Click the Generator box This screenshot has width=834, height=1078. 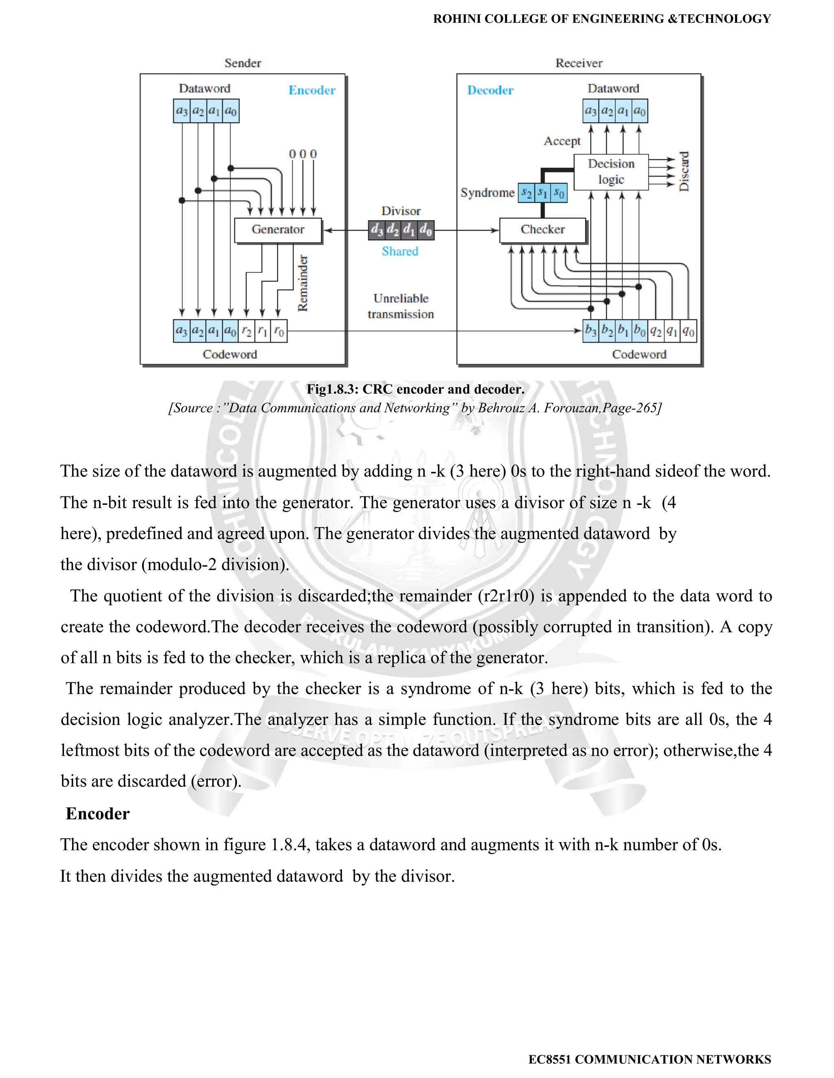(278, 230)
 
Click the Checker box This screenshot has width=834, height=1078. (542, 230)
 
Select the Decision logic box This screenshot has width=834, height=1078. (611, 172)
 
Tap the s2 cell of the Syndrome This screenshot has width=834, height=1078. (527, 192)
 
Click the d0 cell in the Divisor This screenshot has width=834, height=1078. (426, 230)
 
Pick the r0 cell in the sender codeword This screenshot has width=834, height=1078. (279, 331)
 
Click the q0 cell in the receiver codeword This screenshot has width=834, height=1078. (688, 331)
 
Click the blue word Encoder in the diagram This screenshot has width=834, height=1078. (312, 90)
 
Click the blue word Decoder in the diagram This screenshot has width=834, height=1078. (490, 90)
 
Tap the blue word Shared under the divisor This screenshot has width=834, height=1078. (400, 251)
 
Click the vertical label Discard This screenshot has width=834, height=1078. (684, 171)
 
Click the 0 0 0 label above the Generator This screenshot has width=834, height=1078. (303, 154)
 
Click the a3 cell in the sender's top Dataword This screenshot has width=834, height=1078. (182, 111)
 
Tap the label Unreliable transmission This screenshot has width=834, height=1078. (401, 306)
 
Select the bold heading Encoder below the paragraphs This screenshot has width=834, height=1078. (97, 814)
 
